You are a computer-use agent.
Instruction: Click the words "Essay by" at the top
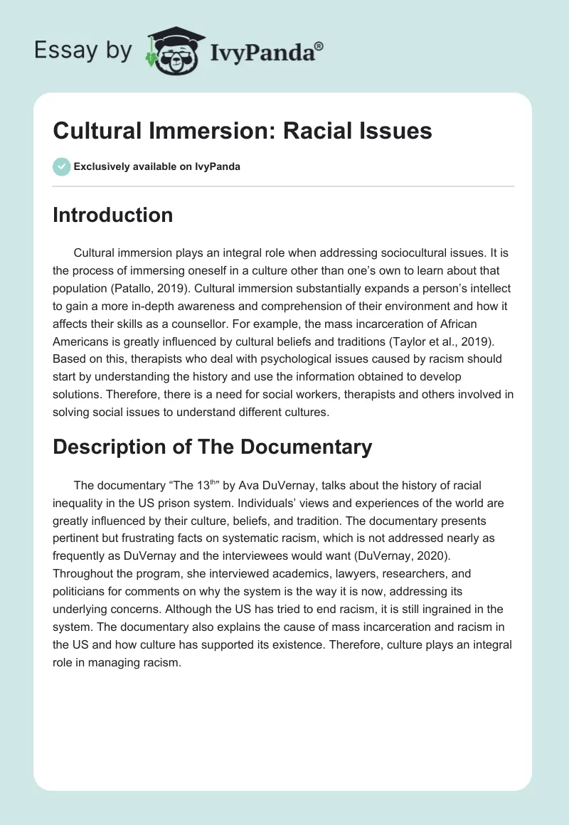point(83,51)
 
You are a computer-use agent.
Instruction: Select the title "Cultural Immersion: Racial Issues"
point(243,131)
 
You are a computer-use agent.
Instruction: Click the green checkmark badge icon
point(61,166)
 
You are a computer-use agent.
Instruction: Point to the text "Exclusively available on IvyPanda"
point(156,166)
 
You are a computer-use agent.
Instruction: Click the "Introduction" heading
point(112,215)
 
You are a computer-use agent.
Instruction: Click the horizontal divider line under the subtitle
point(283,186)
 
